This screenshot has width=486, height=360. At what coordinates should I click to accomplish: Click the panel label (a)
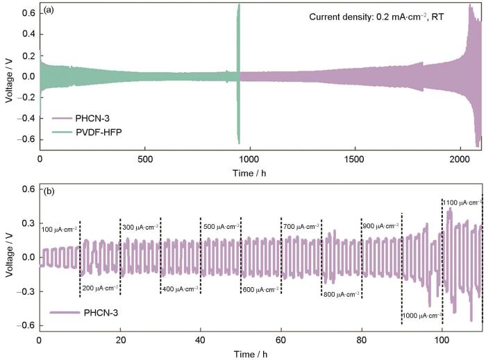coord(50,12)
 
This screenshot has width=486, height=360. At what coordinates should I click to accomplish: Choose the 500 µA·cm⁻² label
coord(221,207)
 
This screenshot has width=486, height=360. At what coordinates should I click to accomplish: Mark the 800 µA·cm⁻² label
coord(342,295)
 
